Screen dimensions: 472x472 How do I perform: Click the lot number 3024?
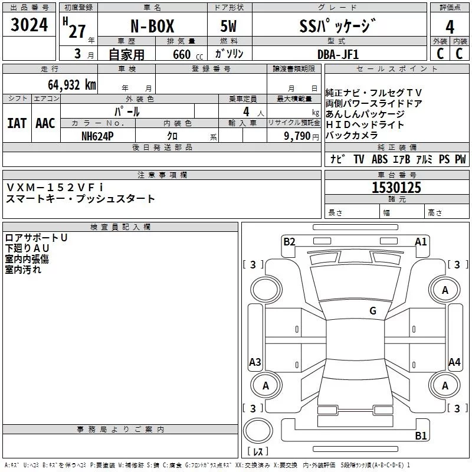coord(29,27)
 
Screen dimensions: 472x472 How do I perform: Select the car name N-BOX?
coord(151,27)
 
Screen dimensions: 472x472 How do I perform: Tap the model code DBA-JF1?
coord(338,54)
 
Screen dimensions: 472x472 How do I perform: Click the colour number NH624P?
coord(98,136)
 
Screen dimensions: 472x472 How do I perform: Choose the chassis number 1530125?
coord(396,188)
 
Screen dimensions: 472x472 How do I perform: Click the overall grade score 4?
coord(450,27)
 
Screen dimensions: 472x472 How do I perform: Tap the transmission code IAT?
coord(17,123)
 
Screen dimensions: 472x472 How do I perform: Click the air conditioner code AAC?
coord(45,123)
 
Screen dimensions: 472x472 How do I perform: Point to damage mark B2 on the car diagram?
coord(289,241)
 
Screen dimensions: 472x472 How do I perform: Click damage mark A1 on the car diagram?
coord(421,241)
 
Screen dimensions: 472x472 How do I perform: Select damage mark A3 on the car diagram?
coord(255,362)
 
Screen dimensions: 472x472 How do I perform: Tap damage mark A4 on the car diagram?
coord(454,362)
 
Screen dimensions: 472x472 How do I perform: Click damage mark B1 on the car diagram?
coord(421,436)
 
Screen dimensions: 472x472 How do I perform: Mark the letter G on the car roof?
coord(372,310)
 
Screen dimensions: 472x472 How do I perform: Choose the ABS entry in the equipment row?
coord(379,159)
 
